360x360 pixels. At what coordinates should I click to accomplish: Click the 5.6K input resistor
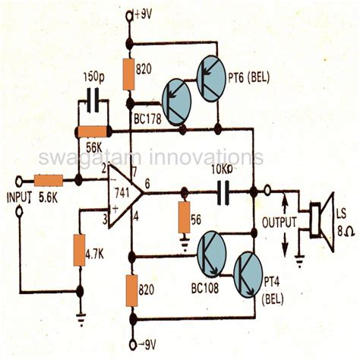(50, 181)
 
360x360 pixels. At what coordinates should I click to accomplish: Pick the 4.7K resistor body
(80, 251)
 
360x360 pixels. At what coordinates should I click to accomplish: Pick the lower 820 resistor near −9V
(131, 289)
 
